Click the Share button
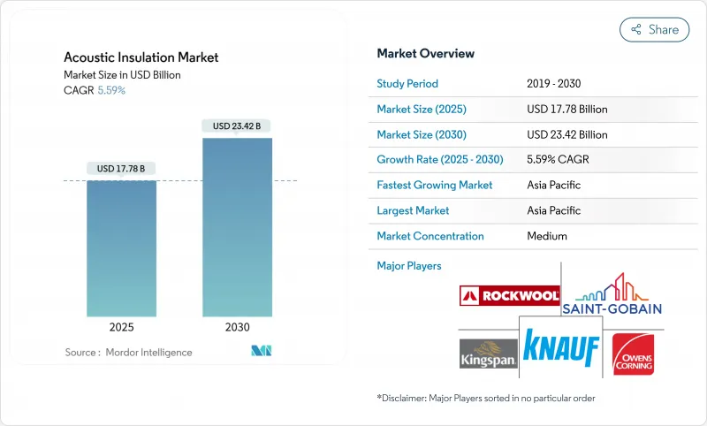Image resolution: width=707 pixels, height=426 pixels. click(x=654, y=29)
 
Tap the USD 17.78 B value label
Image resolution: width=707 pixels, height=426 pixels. click(x=122, y=168)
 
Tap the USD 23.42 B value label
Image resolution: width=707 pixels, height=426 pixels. click(x=237, y=126)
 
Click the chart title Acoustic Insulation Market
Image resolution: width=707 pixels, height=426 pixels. click(x=141, y=57)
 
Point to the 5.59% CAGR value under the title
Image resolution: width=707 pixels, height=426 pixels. click(x=111, y=90)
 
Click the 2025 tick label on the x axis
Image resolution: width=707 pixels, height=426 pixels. click(x=122, y=326)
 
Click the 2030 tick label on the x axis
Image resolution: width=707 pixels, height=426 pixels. click(x=237, y=326)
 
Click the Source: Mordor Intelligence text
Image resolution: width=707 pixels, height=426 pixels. click(x=128, y=352)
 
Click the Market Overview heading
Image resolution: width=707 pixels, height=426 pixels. click(x=425, y=54)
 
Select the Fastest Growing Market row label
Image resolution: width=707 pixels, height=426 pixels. click(x=435, y=186)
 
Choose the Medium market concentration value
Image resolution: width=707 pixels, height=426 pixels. click(x=547, y=236)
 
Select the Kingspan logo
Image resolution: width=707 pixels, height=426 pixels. click(x=487, y=351)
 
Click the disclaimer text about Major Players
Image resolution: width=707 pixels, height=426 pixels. click(x=485, y=398)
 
